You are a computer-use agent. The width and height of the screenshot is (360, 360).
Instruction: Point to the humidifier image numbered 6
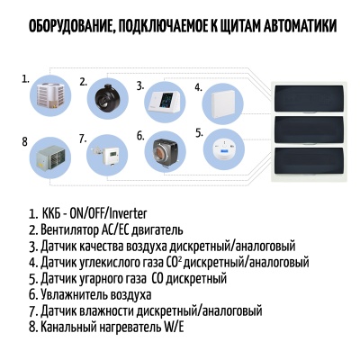click(x=163, y=151)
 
